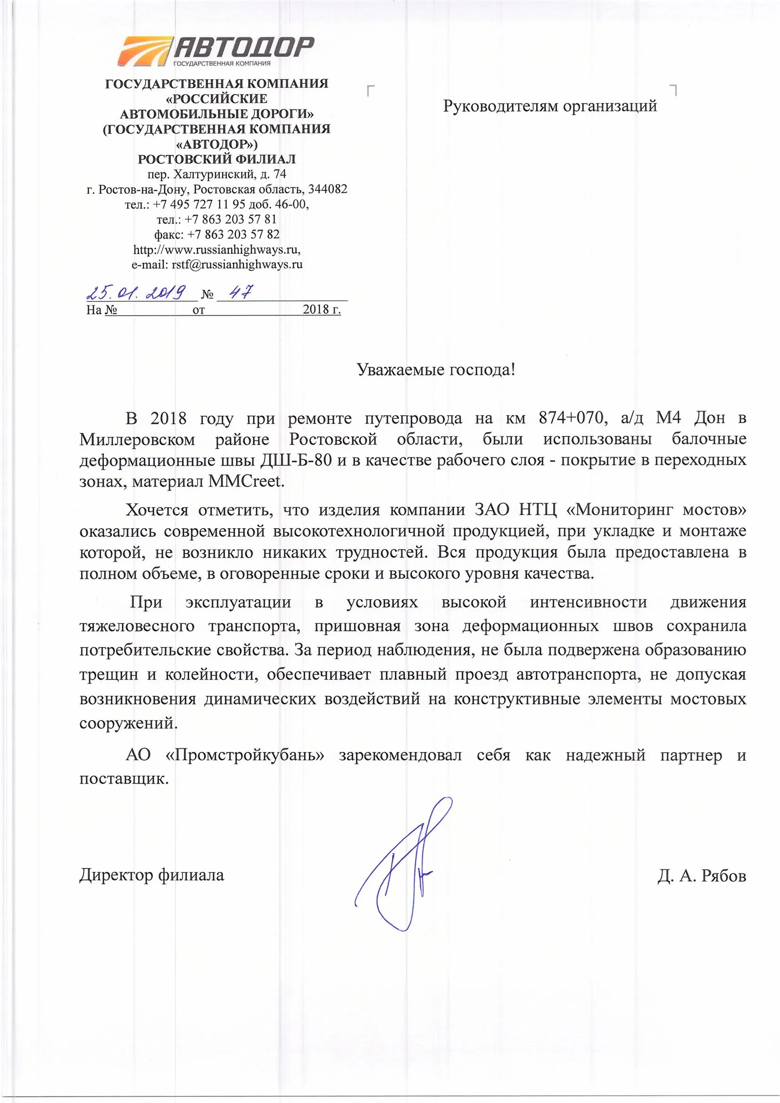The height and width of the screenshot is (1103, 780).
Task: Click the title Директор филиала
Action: pos(152,875)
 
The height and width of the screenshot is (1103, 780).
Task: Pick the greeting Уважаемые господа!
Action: pos(436,369)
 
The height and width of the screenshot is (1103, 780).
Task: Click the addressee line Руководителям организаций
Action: pos(549,106)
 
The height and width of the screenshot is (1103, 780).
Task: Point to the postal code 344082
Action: pos(328,189)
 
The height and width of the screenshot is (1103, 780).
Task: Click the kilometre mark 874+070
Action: pos(570,418)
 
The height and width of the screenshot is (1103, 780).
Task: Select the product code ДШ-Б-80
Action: pos(295,460)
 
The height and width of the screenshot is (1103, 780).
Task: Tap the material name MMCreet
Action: pos(246,481)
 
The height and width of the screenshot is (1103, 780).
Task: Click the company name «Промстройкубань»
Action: pos(245,755)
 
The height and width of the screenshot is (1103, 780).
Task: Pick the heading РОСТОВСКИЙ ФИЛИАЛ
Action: pos(216,159)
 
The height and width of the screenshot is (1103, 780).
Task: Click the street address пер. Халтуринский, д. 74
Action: pos(216,174)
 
